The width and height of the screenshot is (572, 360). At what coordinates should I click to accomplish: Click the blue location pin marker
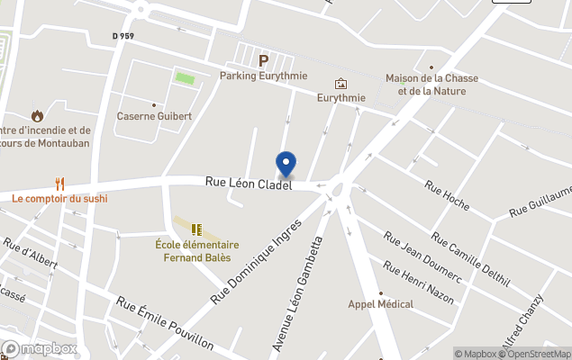286,164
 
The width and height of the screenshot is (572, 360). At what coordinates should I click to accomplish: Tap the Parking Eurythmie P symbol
264,61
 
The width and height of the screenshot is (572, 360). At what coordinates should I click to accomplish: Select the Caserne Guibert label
154,116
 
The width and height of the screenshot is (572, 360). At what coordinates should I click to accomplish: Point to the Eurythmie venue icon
340,84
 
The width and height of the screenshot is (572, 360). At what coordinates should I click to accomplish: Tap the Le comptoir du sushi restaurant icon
59,184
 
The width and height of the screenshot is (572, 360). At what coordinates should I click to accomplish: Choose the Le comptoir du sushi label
59,198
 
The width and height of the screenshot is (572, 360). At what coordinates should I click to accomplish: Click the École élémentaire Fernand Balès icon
196,229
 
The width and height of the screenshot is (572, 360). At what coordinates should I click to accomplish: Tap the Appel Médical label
381,304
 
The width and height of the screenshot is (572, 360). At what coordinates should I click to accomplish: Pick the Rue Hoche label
447,191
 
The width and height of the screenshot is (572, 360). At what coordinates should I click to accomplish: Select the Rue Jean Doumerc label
422,258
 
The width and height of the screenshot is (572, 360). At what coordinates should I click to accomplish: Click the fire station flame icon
37,115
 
